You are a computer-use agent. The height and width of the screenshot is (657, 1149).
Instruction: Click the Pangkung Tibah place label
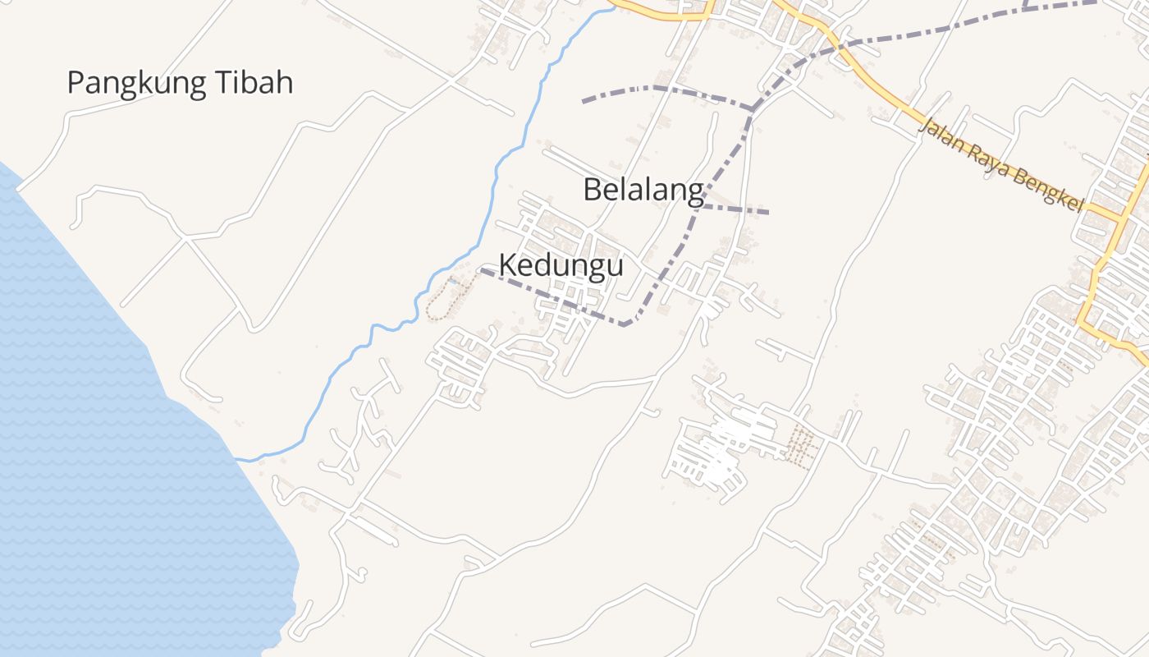(180, 83)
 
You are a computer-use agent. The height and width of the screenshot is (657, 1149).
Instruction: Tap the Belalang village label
(643, 190)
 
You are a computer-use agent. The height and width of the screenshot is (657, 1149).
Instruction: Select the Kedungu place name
(561, 265)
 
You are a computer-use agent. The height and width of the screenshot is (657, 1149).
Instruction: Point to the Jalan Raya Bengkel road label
(1000, 165)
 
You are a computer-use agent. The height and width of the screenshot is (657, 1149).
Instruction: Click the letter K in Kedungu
(508, 265)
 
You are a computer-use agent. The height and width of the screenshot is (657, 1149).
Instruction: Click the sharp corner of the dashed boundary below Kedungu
(626, 324)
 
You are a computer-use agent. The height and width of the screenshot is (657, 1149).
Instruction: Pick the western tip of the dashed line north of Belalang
(584, 101)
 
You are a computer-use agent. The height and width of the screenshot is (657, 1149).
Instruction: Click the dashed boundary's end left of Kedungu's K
(482, 270)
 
